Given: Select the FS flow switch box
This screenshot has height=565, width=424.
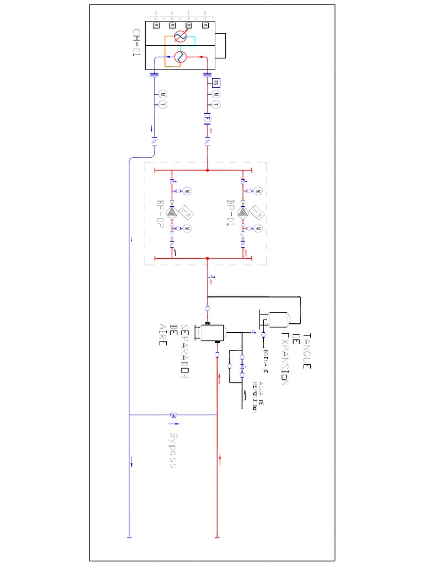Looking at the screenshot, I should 216,83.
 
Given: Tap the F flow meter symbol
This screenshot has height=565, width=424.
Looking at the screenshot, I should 206,118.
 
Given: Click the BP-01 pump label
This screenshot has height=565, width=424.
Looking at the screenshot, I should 231,213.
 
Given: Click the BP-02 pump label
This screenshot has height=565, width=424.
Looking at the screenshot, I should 161,214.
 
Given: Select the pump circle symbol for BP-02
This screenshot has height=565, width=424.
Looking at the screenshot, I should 172,212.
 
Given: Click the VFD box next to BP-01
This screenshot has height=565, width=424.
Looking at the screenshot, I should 257,211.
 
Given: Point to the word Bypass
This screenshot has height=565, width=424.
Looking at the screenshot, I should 173,450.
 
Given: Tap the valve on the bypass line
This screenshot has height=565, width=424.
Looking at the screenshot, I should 173,414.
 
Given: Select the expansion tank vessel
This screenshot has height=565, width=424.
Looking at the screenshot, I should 278,318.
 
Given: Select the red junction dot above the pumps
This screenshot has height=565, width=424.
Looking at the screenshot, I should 207,170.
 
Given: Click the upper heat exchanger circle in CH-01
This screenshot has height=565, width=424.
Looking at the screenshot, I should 180,36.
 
